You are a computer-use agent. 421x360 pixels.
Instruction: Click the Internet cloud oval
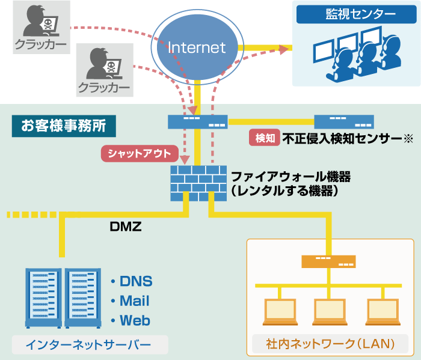[197, 47]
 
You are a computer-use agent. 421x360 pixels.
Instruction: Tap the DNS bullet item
[132, 281]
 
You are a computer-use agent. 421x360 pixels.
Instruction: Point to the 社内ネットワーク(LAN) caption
[330, 344]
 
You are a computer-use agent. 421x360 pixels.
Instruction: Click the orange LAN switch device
[328, 261]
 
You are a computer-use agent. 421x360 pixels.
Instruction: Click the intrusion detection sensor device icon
[343, 121]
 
